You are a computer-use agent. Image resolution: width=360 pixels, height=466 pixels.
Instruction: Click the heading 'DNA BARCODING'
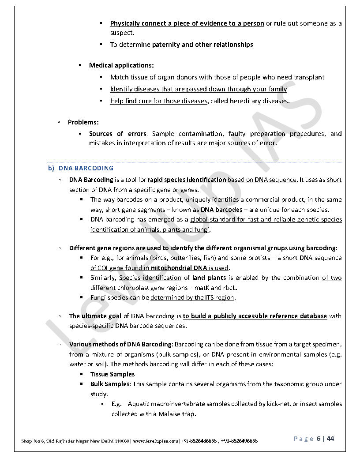[86, 168]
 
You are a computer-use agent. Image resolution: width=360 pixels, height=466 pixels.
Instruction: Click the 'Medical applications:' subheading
[121, 65]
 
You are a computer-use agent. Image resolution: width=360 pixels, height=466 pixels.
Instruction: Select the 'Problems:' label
[83, 122]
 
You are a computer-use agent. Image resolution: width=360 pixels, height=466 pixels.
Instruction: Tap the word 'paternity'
[166, 45]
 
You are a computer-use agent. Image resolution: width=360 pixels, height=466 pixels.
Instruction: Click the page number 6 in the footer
[318, 439]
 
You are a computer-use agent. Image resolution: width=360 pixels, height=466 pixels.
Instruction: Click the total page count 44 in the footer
[330, 439]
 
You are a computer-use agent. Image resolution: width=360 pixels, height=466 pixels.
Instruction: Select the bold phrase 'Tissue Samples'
[112, 374]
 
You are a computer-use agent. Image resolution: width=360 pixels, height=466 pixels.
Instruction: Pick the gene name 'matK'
[202, 288]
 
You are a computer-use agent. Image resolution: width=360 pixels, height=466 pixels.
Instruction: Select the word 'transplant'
[321, 77]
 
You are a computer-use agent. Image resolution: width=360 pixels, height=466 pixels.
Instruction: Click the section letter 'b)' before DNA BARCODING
[51, 168]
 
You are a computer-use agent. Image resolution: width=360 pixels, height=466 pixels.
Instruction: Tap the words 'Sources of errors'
[117, 134]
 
